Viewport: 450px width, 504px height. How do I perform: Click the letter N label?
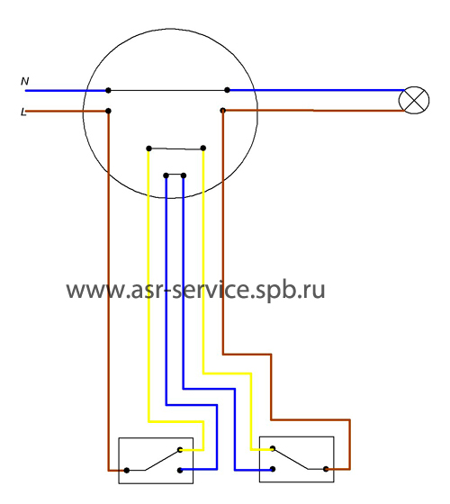(x=25, y=81)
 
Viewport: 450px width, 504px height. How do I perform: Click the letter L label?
(x=23, y=112)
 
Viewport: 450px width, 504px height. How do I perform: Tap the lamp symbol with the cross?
(x=414, y=100)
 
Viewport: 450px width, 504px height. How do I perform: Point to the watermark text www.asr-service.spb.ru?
(x=195, y=290)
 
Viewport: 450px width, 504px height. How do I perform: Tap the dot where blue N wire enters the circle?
(x=108, y=90)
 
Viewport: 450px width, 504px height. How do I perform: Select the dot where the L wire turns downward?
(x=108, y=111)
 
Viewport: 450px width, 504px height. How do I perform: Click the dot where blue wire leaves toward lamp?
(x=227, y=90)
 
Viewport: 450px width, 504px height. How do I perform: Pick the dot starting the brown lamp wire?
(x=223, y=111)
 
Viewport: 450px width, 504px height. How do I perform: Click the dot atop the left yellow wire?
(x=148, y=148)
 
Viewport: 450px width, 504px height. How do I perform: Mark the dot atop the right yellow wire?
(x=203, y=148)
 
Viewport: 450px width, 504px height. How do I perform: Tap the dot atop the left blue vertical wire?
(x=166, y=175)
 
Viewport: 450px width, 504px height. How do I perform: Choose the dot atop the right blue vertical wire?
(x=184, y=175)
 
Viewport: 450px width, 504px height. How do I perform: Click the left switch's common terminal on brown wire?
(x=127, y=470)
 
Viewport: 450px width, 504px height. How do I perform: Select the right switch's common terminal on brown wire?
(x=326, y=469)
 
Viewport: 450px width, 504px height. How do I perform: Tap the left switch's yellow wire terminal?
(x=180, y=450)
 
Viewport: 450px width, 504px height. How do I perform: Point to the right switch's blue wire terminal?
(x=273, y=469)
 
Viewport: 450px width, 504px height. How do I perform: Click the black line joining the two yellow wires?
(x=175, y=148)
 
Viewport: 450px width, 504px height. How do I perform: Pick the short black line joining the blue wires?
(x=175, y=175)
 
